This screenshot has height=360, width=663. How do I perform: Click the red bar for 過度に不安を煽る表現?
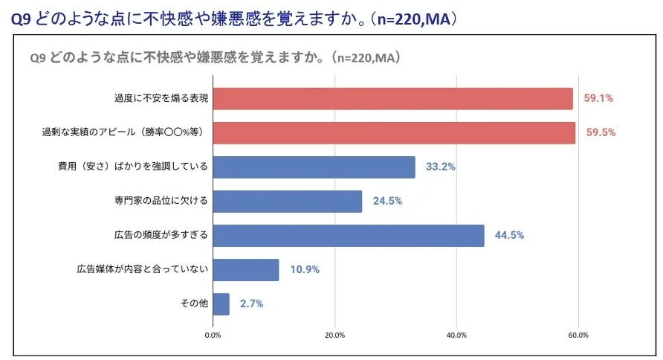392,98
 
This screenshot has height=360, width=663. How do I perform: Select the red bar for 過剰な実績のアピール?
394,132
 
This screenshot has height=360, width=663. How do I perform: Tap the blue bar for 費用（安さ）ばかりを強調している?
314,167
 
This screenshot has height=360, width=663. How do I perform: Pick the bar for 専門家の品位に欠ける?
287,201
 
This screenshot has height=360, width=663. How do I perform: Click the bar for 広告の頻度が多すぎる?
348,235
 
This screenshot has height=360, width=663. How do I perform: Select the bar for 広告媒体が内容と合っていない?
245,269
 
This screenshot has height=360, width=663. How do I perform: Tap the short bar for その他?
221,303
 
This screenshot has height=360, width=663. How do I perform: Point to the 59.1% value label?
598,98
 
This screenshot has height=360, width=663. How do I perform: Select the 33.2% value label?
440,167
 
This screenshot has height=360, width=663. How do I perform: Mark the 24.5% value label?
387,201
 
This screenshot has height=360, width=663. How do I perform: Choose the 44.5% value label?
509,235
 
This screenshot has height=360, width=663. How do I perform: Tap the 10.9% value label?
304,269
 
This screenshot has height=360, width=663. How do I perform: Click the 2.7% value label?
251,303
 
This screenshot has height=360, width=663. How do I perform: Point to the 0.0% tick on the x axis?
213,335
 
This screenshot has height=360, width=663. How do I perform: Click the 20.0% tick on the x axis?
334,335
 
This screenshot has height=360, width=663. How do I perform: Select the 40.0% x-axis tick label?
456,335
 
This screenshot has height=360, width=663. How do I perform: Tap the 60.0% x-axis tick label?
578,335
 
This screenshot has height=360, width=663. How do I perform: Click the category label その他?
195,303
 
